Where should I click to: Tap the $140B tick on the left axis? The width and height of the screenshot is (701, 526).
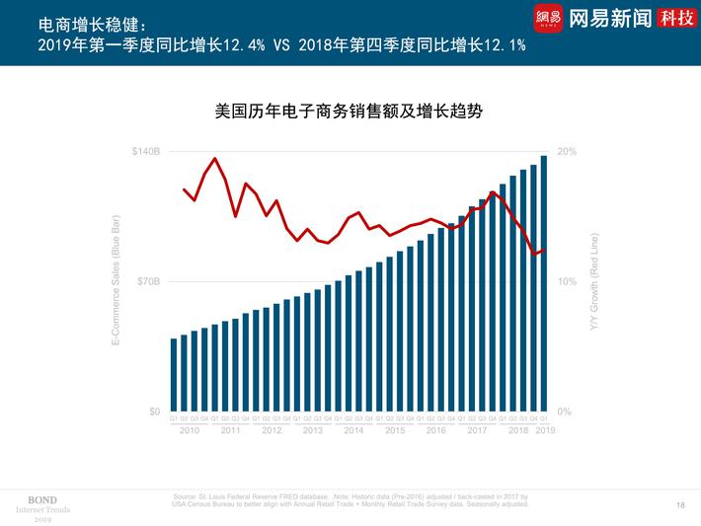coord(146,152)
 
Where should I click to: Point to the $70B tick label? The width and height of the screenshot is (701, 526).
coord(148,282)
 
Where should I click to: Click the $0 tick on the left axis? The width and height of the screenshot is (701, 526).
coord(153,412)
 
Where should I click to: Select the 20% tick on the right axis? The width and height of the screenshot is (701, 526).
coord(567,152)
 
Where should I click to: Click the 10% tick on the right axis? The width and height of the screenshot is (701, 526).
coord(567,282)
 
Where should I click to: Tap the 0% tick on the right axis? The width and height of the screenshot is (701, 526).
coord(565,412)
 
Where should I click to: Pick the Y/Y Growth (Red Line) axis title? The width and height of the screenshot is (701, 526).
coord(593,282)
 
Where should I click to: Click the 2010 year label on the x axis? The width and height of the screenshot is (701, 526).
coord(189,430)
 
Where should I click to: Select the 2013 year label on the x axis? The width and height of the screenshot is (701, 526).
coord(312,430)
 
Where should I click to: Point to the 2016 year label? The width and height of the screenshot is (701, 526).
coord(435,430)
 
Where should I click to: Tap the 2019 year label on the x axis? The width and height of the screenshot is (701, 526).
coord(545,430)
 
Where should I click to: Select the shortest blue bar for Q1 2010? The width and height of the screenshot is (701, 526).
coord(174,375)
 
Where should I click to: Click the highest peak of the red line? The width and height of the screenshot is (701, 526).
coord(215,158)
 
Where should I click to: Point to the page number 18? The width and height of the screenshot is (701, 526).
coord(680,505)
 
